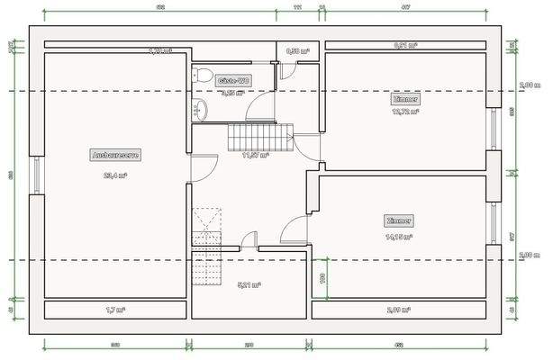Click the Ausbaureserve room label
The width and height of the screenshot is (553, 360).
click(115, 155)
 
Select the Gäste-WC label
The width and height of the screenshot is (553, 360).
click(233, 81)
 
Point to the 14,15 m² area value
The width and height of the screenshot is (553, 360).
click(399, 238)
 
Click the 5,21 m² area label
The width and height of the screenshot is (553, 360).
click(249, 285)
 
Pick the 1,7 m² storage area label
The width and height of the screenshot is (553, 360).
click(115, 310)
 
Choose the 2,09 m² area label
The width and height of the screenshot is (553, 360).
click(399, 310)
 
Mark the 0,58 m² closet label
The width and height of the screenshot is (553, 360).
click(298, 51)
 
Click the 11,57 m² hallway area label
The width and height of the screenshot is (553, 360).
click(256, 155)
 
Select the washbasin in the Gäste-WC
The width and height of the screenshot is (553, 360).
click(200, 110)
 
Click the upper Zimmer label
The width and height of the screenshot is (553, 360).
click(405, 99)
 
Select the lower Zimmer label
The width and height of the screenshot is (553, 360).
click(399, 220)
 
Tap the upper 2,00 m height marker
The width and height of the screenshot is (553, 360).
click(530, 85)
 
